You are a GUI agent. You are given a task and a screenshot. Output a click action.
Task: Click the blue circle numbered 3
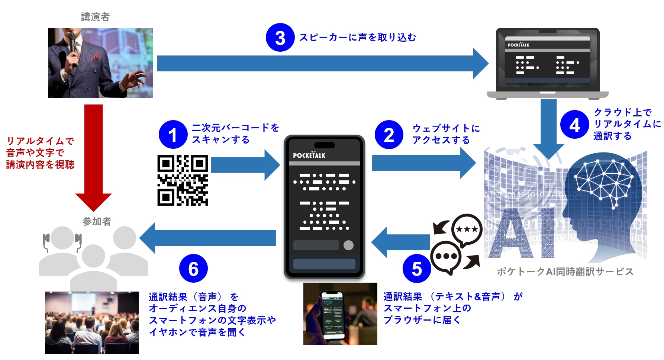tap(280, 38)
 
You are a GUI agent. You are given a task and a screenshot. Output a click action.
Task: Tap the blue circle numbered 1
tap(173, 135)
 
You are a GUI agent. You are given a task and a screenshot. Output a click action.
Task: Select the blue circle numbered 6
tap(193, 269)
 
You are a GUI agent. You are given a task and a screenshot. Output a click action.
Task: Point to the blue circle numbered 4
tap(574, 125)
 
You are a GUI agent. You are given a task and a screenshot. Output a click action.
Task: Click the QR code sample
tap(183, 180)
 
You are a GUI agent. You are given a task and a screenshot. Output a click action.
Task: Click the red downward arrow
tap(93, 156)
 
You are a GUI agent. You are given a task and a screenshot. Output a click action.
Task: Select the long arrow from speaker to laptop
tap(320, 64)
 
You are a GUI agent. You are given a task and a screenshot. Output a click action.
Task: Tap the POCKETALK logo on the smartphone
tap(309, 155)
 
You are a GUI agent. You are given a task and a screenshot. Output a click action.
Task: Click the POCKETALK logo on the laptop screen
tap(518, 45)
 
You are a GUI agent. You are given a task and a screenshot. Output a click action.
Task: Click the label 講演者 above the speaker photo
tap(95, 17)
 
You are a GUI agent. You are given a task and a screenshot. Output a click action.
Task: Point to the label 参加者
tap(97, 222)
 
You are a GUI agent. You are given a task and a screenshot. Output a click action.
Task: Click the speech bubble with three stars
tap(467, 229)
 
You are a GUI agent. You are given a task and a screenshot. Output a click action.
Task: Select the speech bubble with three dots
tap(446, 256)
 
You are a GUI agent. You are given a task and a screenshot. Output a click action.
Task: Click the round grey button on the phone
tap(348, 245)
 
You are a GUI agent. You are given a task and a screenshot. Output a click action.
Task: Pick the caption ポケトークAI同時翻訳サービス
tap(565, 272)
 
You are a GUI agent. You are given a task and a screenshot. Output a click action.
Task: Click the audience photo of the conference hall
tap(91, 322)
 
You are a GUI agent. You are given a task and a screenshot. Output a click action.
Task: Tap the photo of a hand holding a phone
tap(340, 314)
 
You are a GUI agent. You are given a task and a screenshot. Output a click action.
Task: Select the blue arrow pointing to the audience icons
tap(208, 238)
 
